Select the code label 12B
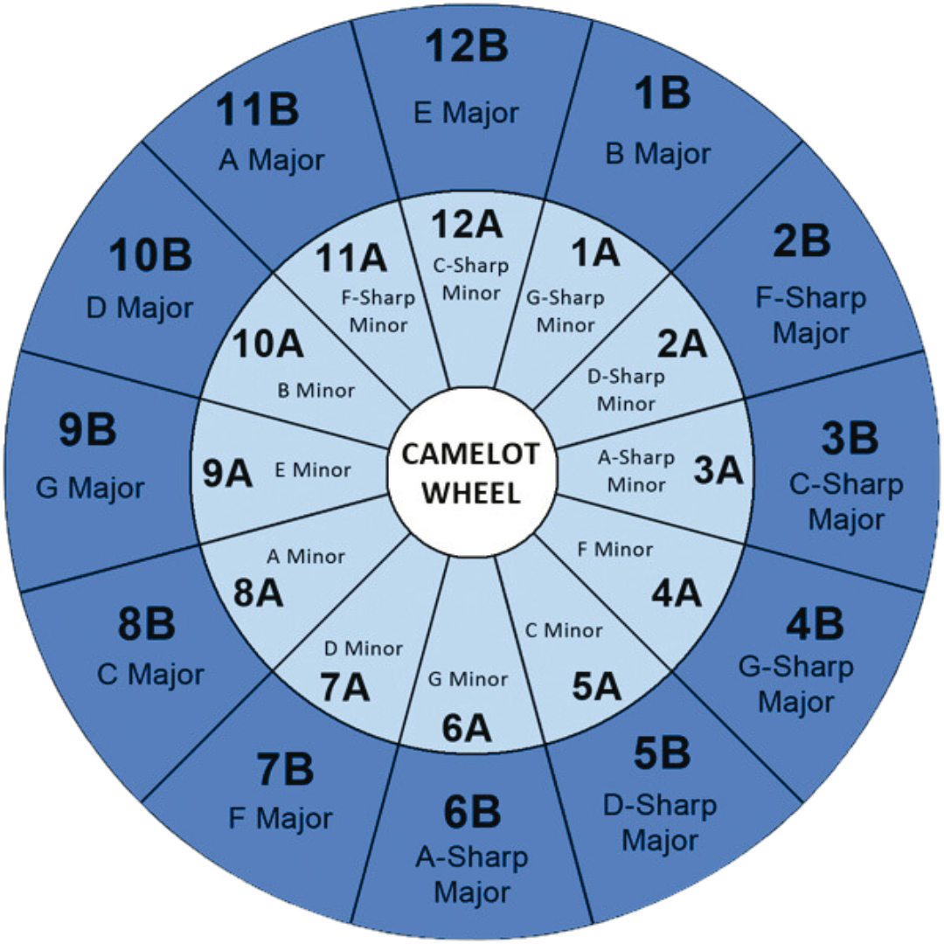coord(468,47)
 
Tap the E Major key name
coord(467,113)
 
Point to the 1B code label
coord(661,94)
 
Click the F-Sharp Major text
coord(811,315)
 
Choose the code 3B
coord(849,438)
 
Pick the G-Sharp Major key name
coord(795,684)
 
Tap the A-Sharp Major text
coord(472,875)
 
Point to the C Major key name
coord(150,674)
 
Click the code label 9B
coord(87,429)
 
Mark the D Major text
coord(140,308)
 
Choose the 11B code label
coord(258,111)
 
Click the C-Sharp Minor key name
coord(471,279)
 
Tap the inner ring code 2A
coord(682,344)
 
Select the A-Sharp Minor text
coord(636,470)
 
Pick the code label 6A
coord(467,727)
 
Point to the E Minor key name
coord(312,470)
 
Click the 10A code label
coord(267,344)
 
